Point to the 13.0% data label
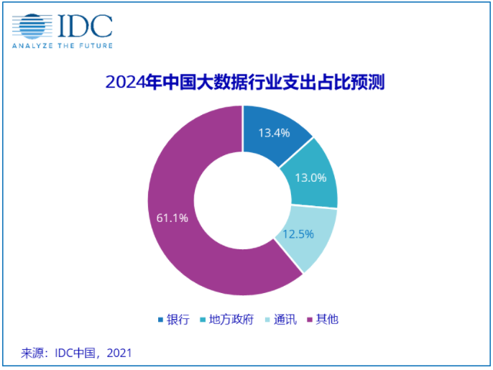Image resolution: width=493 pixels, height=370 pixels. click(311, 177)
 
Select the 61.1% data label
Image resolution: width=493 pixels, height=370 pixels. click(171, 218)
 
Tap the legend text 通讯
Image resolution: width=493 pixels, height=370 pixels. click(285, 320)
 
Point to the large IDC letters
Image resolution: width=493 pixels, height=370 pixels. click(85, 27)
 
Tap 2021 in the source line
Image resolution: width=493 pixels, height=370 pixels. click(119, 353)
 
